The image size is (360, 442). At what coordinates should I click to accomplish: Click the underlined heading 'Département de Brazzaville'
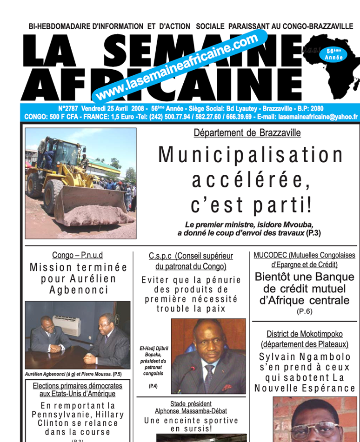click(247, 133)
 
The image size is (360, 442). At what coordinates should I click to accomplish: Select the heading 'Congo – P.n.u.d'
click(78, 255)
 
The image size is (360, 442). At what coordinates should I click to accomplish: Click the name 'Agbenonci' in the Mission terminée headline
click(79, 290)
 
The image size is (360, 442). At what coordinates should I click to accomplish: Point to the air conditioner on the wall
click(66, 325)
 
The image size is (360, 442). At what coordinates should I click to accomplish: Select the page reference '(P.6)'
click(304, 311)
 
